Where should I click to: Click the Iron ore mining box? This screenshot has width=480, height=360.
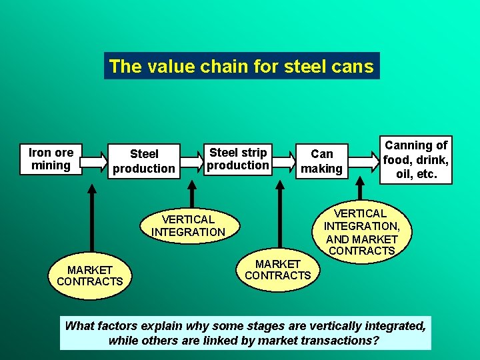tap(51, 159)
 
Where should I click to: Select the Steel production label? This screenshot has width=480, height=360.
tap(143, 161)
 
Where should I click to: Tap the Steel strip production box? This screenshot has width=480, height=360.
tap(238, 159)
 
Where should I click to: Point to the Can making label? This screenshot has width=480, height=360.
tap(321, 161)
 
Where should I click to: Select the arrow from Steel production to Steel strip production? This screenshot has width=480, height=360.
tap(192, 161)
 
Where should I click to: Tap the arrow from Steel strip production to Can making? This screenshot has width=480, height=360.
tap(283, 161)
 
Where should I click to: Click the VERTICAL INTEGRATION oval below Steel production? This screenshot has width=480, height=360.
tap(188, 225)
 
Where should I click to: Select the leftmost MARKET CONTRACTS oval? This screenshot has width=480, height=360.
tap(90, 275)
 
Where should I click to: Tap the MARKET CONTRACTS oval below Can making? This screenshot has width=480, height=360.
tap(278, 269)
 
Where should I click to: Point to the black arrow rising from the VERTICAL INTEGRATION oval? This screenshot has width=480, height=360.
tap(192, 193)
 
